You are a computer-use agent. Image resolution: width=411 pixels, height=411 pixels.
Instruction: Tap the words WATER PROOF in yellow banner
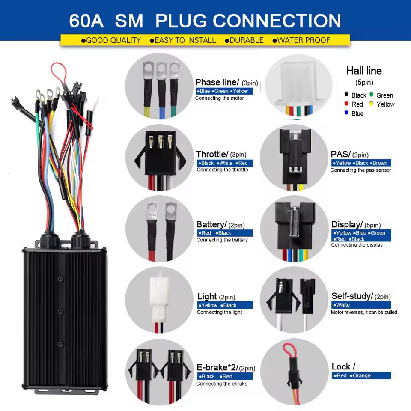tap(304, 40)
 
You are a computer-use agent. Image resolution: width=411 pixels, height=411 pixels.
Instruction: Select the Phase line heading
tap(217, 82)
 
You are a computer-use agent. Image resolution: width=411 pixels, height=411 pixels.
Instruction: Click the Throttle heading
tap(212, 154)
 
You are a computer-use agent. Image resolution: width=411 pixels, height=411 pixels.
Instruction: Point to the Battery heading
tap(211, 224)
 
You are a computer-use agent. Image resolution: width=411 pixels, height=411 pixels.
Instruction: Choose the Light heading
tap(207, 296)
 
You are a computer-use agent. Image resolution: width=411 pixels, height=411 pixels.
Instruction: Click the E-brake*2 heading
tap(217, 367)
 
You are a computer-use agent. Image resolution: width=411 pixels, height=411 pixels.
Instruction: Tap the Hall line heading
tap(364, 71)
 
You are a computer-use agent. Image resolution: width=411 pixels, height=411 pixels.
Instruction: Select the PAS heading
tap(341, 154)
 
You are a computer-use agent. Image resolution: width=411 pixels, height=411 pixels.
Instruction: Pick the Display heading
tap(347, 224)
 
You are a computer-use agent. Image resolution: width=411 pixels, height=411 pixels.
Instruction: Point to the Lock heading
tap(342, 366)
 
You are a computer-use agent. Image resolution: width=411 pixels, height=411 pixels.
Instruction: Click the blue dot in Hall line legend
tap(346, 113)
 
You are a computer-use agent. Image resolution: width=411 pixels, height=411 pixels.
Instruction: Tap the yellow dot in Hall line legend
tap(371, 104)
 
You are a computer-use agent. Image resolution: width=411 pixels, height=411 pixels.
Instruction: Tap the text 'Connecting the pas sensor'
tap(360, 170)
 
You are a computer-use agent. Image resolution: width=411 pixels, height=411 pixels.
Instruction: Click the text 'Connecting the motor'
tap(219, 98)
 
